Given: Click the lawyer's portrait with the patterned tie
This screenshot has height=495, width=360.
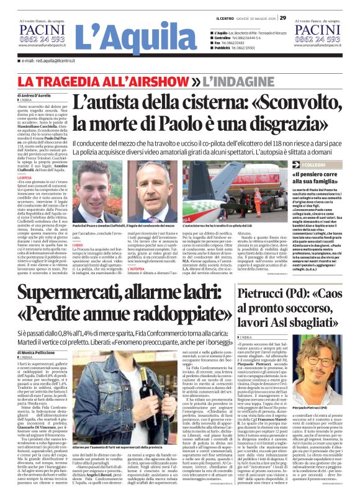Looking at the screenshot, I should coord(153,191).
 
